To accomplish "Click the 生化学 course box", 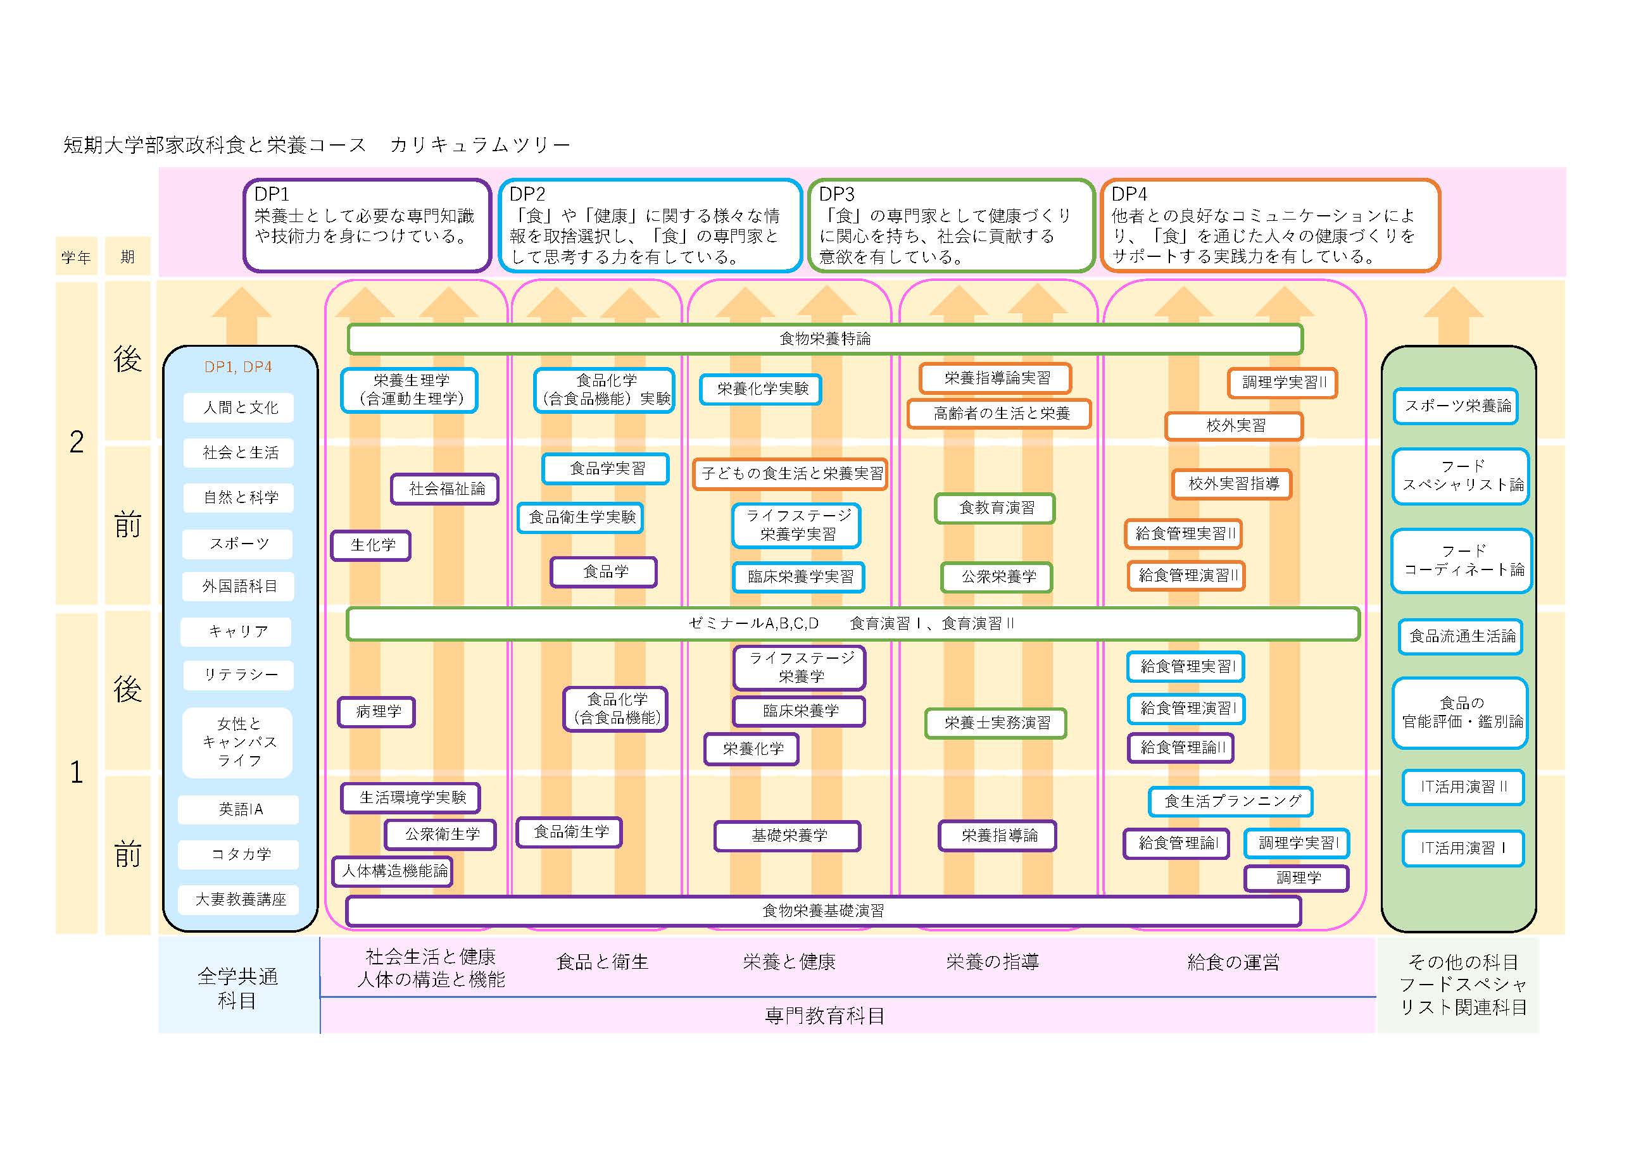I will point(371,545).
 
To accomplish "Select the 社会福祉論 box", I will point(445,488).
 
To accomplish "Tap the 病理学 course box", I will point(377,711).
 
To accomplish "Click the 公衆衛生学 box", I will point(441,834).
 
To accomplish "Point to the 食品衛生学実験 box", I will point(581,517).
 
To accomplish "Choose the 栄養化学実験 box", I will point(760,389).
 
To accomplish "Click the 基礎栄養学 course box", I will point(788,835).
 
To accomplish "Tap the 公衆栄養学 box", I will point(997,576).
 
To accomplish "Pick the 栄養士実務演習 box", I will point(995,723).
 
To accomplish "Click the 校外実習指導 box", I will point(1231,483).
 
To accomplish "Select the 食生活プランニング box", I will point(1231,800).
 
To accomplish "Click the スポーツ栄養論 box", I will point(1456,406).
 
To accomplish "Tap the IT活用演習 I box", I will point(1463,847).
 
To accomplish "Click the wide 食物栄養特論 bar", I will point(825,339).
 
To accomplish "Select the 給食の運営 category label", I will point(1233,962).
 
